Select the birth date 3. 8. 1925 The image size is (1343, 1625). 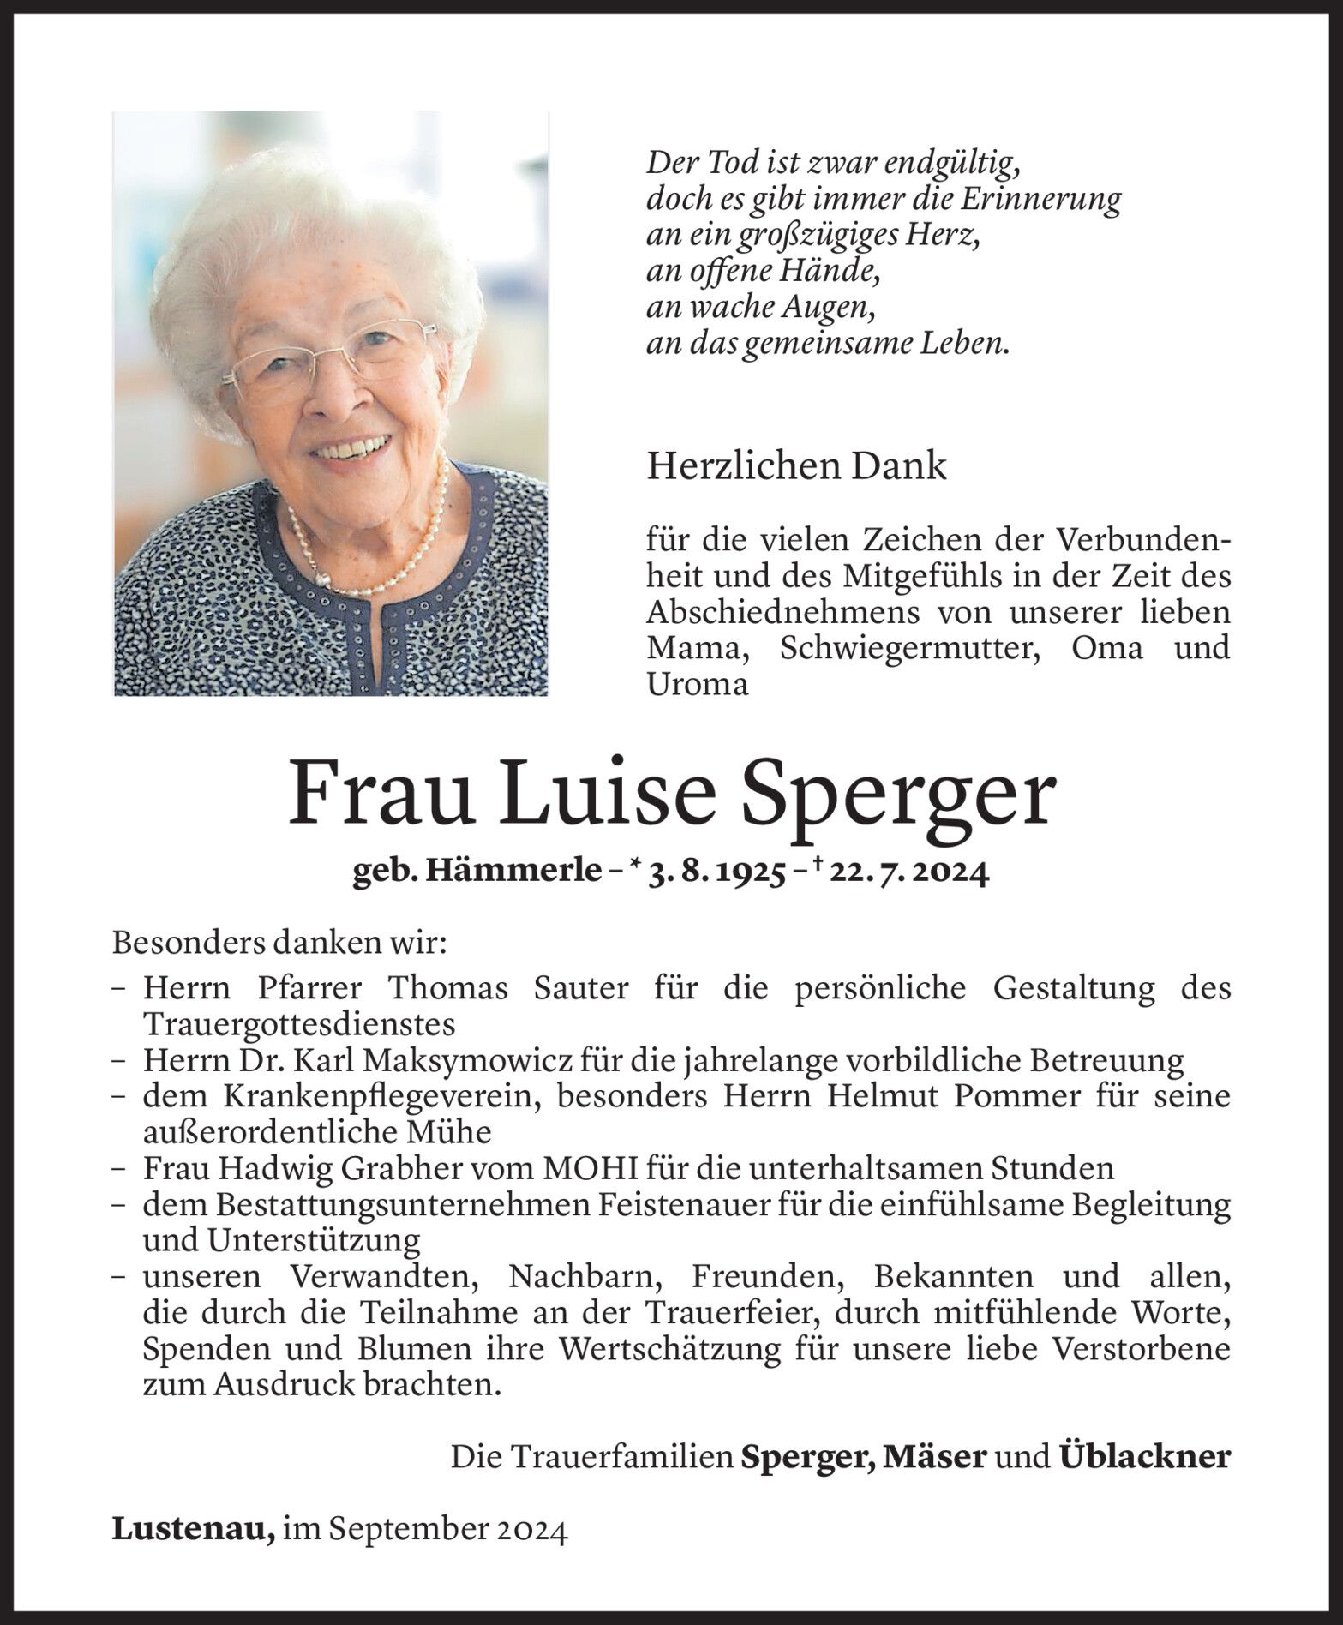pos(717,873)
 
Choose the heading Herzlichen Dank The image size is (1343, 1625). pos(797,466)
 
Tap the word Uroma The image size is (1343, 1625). pos(698,685)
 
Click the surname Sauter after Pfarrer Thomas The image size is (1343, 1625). pos(580,988)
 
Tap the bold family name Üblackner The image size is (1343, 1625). pos(1145,1457)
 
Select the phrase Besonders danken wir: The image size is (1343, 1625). pos(279,944)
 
